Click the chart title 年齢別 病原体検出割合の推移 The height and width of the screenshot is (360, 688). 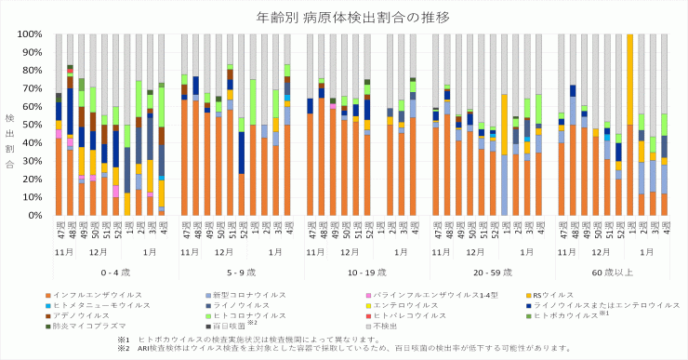pos(343,17)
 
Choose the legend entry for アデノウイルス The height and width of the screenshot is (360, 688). pos(88,314)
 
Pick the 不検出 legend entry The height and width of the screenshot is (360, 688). pos(385,326)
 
